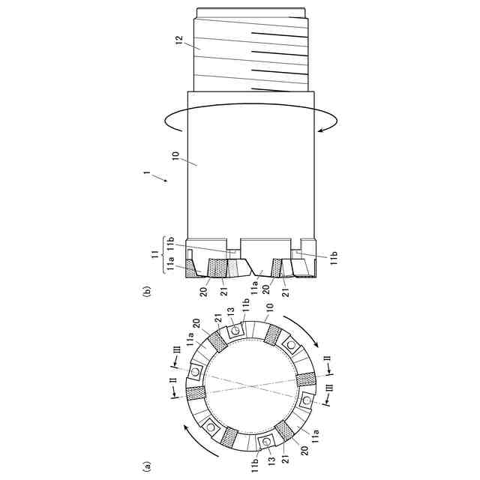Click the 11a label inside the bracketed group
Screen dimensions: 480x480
coord(170,264)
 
